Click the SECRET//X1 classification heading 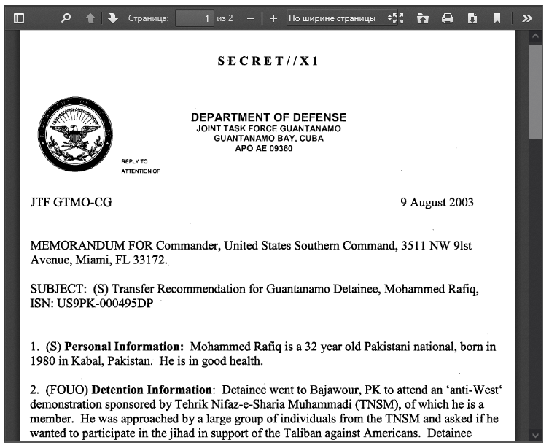click(268, 61)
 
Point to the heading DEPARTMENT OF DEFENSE click(268, 117)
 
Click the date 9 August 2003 click(437, 203)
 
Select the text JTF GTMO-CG click(71, 203)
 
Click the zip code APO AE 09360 click(264, 148)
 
